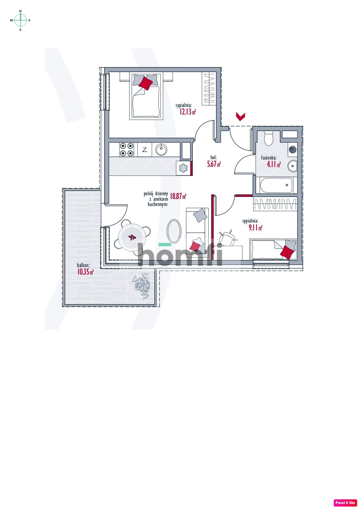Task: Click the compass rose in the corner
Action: tap(20, 20)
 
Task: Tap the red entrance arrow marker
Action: tap(241, 117)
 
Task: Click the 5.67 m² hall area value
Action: tap(214, 164)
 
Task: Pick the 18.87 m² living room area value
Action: tap(178, 196)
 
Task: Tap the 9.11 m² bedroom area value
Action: tap(255, 228)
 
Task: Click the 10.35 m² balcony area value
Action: tap(85, 272)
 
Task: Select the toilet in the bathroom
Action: tap(269, 138)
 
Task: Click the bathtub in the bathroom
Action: tap(276, 185)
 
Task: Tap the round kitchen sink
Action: tap(161, 150)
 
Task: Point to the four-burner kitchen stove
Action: tap(127, 150)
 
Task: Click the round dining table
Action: tap(132, 237)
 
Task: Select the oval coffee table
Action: tap(174, 231)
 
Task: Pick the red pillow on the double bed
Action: tap(145, 83)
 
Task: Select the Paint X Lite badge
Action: tap(345, 503)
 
